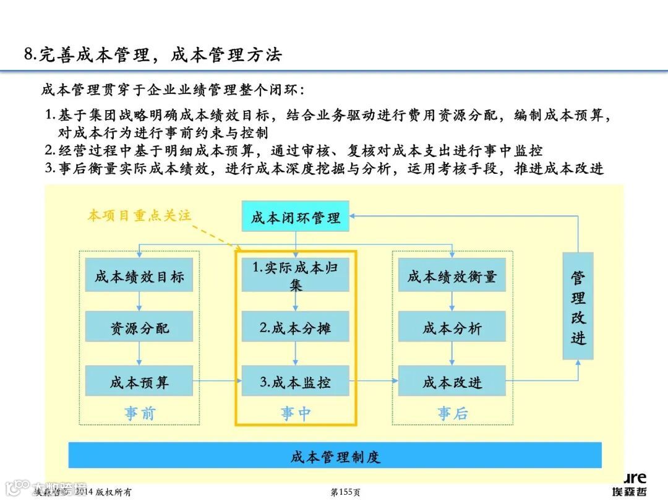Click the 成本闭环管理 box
pos(295,216)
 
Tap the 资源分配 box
pos(139,327)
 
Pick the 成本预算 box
pos(139,381)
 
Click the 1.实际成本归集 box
pos(295,275)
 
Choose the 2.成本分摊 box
pos(295,327)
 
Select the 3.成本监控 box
pos(295,381)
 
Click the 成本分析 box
pos(452,327)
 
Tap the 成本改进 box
pos(452,381)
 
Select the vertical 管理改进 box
pos(578,306)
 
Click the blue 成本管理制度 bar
pos(335,456)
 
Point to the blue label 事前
pos(139,413)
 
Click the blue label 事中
pos(295,413)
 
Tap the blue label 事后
pos(452,413)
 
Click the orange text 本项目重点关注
pos(139,215)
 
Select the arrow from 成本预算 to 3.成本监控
pos(216,381)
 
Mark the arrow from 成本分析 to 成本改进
pos(452,354)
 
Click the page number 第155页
pos(345,492)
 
